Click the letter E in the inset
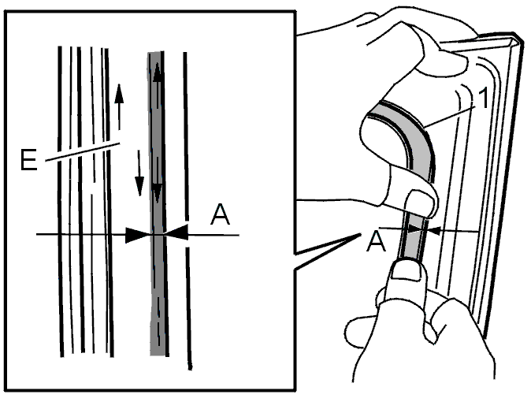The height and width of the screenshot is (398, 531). point(28,159)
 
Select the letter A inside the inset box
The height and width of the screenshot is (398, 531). point(220,214)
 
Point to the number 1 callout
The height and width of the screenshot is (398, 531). point(485,98)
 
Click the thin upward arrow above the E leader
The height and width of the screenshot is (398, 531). point(119,106)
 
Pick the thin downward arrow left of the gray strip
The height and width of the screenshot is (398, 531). point(139,173)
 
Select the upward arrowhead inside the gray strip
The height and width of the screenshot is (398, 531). point(157,73)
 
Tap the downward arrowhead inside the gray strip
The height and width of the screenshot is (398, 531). point(157,193)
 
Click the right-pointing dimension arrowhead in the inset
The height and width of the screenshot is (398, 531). point(138,235)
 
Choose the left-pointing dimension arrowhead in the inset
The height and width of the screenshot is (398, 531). point(176,232)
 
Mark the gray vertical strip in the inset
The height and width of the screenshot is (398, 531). point(158,203)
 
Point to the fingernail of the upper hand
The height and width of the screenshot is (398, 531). point(421,203)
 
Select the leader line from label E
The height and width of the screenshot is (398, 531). point(83,152)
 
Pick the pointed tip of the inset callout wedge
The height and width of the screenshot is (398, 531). point(360,234)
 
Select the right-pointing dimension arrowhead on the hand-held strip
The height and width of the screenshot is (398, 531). point(415,229)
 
